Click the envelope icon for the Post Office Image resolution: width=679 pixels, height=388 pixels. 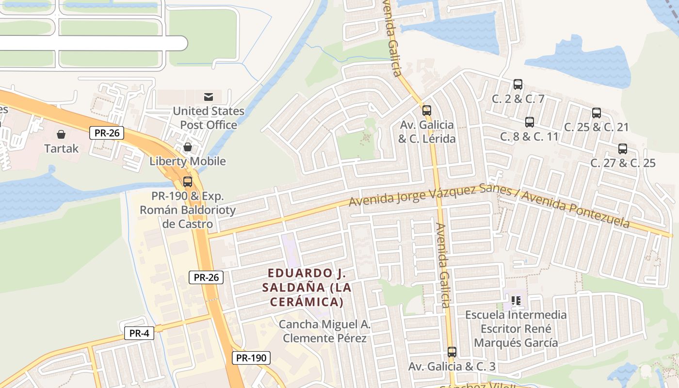pyautogui.click(x=209, y=97)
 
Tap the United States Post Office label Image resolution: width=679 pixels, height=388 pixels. pyautogui.click(x=209, y=118)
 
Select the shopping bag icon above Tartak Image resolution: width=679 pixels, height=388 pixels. pyautogui.click(x=61, y=134)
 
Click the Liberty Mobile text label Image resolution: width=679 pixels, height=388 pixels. pyautogui.click(x=187, y=161)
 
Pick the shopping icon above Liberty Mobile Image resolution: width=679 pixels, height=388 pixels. pyautogui.click(x=188, y=146)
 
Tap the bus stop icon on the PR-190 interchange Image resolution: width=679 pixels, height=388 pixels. pyautogui.click(x=188, y=182)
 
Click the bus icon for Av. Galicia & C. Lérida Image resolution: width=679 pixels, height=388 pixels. pyautogui.click(x=427, y=111)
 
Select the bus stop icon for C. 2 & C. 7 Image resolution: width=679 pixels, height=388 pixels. pyautogui.click(x=518, y=84)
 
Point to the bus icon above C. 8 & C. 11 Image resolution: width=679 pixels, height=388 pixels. pyautogui.click(x=530, y=122)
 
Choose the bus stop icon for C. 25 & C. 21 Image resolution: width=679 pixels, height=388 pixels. pyautogui.click(x=597, y=113)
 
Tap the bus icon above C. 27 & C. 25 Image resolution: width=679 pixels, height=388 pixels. pyautogui.click(x=623, y=149)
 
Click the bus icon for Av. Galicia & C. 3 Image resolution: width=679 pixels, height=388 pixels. pyautogui.click(x=452, y=352)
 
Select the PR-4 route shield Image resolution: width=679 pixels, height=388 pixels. pyautogui.click(x=139, y=333)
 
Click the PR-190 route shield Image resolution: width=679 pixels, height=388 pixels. pyautogui.click(x=251, y=358)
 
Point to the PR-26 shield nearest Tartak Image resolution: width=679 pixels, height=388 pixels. pyautogui.click(x=107, y=132)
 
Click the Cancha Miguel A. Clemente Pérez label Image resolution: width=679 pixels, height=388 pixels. pyautogui.click(x=324, y=331)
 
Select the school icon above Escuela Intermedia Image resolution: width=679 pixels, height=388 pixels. pyautogui.click(x=516, y=301)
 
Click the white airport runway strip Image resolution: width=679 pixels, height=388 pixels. pyautogui.click(x=92, y=43)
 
